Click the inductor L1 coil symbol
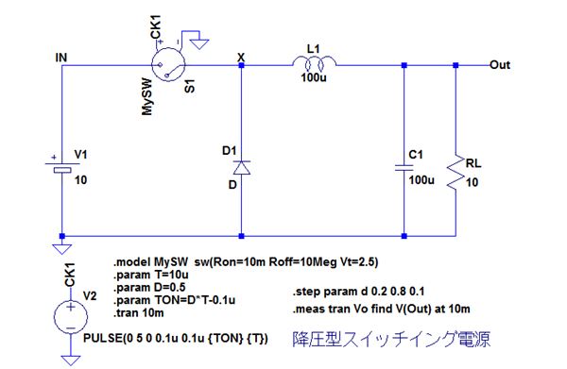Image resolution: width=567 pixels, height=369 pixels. pyautogui.click(x=314, y=62)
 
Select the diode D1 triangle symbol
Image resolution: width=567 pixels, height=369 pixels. pyautogui.click(x=242, y=168)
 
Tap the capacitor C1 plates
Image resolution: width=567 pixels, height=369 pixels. pyautogui.click(x=404, y=168)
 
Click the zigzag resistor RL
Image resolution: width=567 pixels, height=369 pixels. pyautogui.click(x=455, y=172)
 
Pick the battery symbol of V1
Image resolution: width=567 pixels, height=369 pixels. pyautogui.click(x=62, y=167)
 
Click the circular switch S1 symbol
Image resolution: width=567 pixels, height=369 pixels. pyautogui.click(x=168, y=64)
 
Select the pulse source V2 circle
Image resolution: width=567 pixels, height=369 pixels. pyautogui.click(x=71, y=317)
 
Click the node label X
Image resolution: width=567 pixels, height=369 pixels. pyautogui.click(x=241, y=57)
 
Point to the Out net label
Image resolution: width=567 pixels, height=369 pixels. pyautogui.click(x=500, y=65)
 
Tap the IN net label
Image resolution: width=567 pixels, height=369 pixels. pyautogui.click(x=61, y=58)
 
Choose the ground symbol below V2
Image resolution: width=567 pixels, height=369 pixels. pyautogui.click(x=71, y=361)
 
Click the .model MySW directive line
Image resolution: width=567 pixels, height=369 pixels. pyautogui.click(x=246, y=261)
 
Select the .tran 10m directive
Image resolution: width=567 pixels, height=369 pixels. pyautogui.click(x=139, y=312)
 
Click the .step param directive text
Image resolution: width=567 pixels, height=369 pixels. pyautogui.click(x=358, y=292)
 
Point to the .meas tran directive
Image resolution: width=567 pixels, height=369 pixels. pyautogui.click(x=382, y=309)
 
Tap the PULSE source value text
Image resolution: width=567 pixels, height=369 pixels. pyautogui.click(x=176, y=338)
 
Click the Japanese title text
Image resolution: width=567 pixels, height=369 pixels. pyautogui.click(x=391, y=339)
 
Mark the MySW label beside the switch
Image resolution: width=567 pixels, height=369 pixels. pyautogui.click(x=147, y=97)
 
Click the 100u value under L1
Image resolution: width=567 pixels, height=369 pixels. pyautogui.click(x=314, y=77)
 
